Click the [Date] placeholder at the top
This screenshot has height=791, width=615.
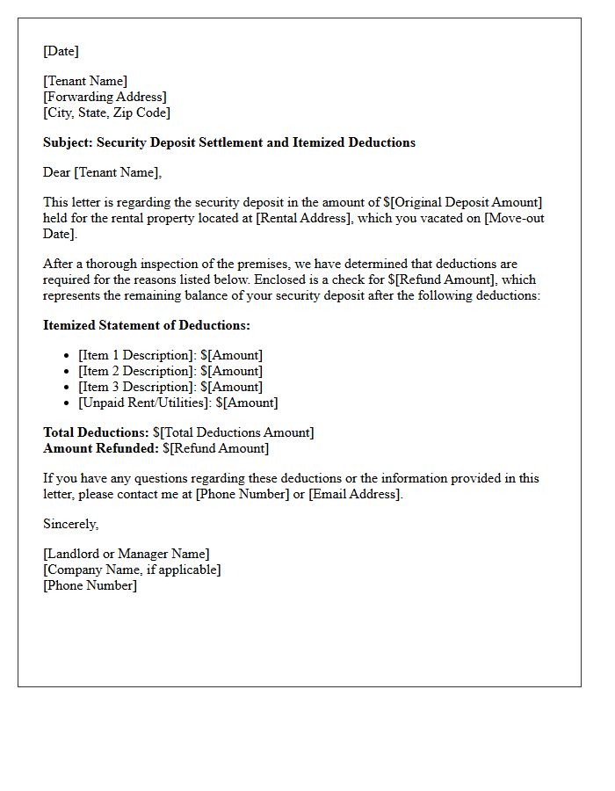coord(61,51)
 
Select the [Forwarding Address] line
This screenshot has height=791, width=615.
coord(105,97)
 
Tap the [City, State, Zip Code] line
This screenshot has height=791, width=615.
coord(106,112)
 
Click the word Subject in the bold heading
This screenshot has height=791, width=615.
coord(68,142)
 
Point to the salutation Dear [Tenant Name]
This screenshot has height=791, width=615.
coord(102,172)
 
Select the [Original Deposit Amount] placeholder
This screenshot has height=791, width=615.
coord(467,202)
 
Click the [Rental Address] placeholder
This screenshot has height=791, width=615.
coord(304,218)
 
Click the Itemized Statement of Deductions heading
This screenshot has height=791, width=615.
coord(147,325)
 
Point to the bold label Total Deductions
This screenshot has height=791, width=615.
coord(96,432)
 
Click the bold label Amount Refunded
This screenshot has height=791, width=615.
coord(101,448)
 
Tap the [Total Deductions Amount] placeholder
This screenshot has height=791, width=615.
coord(236,432)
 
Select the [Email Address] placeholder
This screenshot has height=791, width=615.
coord(354,494)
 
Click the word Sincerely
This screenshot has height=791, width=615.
coord(70,524)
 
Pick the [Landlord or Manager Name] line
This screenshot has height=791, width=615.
coord(127,554)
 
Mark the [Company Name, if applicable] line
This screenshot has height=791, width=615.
coord(132,570)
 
